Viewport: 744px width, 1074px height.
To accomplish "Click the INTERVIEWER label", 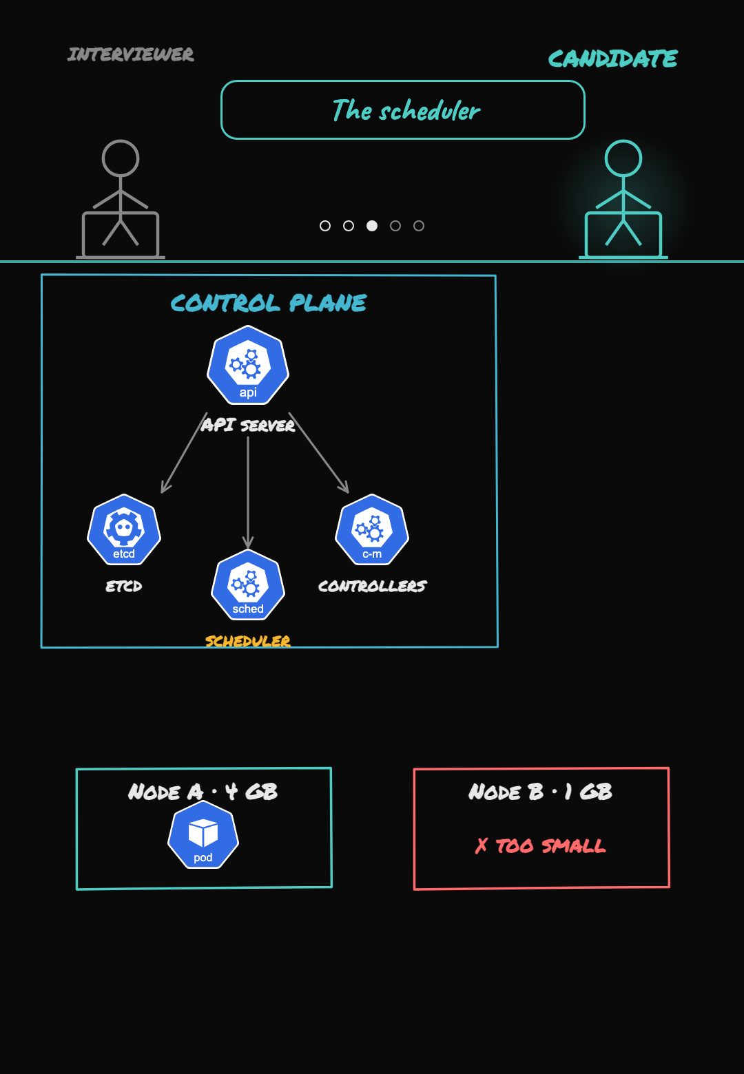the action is (130, 54).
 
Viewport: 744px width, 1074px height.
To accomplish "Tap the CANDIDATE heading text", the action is (612, 59).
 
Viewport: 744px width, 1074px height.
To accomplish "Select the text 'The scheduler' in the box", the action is (406, 110).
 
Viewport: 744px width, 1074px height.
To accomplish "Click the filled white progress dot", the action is (372, 226).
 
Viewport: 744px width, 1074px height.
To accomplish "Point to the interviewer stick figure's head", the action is (121, 158).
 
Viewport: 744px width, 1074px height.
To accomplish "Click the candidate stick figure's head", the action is (623, 158).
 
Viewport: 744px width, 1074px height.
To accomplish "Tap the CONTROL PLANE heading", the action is (269, 303).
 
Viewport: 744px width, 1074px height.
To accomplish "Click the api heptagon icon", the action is (248, 366).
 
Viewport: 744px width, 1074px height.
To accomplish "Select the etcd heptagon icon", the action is (124, 530).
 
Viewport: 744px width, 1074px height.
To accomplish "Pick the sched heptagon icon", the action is (248, 585).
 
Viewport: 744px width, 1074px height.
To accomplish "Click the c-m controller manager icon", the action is (372, 530).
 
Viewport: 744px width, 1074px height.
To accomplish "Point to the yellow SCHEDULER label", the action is (248, 641).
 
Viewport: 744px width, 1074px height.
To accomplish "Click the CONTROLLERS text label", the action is (372, 586).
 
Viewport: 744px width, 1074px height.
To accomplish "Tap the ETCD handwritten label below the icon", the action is (124, 586).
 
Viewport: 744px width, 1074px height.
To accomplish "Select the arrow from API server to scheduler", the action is (248, 492).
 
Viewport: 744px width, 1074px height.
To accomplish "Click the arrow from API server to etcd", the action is (184, 452).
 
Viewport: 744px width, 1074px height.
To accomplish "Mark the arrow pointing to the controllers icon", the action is (318, 452).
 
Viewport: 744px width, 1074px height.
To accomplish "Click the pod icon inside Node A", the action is (203, 834).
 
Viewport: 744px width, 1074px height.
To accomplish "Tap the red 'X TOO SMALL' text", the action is (541, 845).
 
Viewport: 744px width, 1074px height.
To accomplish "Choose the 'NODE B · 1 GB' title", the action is (541, 792).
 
